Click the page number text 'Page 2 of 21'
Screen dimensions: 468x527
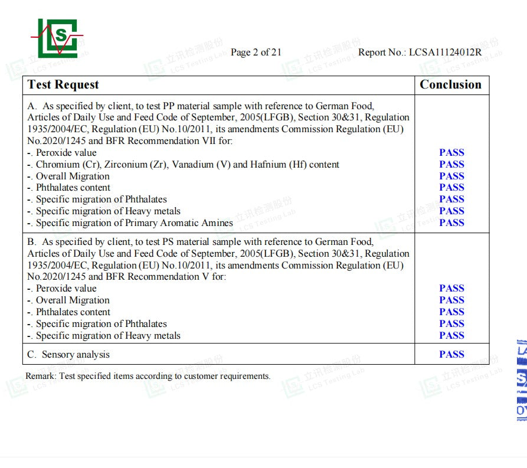256,53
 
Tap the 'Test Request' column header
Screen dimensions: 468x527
63,85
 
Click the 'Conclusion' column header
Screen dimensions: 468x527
450,85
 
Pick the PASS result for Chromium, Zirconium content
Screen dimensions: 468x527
451,164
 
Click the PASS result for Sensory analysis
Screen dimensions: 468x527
451,354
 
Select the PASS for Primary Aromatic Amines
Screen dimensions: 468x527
451,222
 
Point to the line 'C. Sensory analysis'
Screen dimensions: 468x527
68,355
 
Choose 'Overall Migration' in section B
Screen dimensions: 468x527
73,300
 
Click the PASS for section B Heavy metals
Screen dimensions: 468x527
451,335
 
